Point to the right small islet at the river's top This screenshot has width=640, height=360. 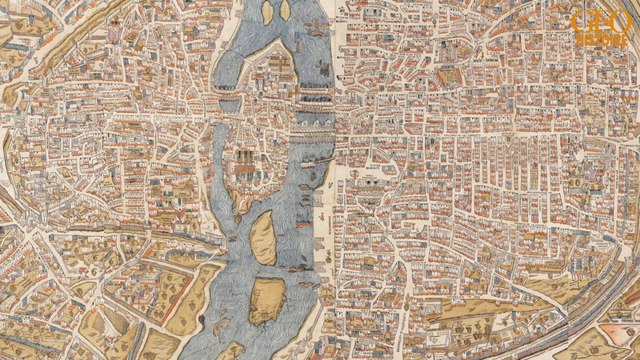coord(285,11)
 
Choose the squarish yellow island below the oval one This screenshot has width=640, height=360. coord(264,299)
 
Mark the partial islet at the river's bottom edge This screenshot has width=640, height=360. coord(232,351)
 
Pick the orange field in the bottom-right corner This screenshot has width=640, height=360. coord(625,345)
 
